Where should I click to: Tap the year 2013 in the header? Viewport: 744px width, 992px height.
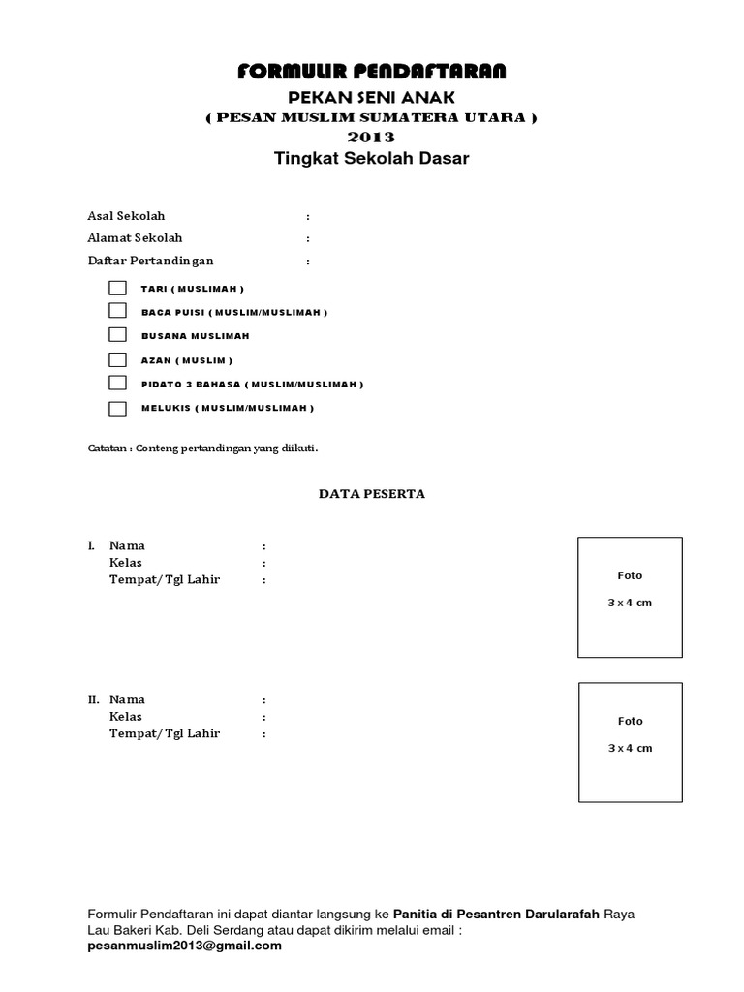click(372, 138)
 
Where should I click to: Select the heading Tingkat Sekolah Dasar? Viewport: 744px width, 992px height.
click(372, 159)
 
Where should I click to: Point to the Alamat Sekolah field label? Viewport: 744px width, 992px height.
click(135, 237)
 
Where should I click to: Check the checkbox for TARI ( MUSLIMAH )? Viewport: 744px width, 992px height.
click(117, 288)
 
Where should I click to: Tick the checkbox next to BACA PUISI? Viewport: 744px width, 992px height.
click(117, 311)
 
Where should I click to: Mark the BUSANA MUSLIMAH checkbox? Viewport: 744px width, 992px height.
click(117, 335)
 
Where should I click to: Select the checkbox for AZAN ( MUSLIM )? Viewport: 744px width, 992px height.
click(117, 359)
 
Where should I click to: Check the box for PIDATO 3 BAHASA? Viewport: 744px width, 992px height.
click(117, 384)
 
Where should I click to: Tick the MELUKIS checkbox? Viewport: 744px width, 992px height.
click(117, 408)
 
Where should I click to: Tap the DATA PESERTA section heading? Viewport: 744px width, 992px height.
click(372, 494)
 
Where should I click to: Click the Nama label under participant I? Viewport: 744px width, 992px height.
click(127, 545)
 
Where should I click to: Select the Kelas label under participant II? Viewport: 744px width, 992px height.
click(126, 717)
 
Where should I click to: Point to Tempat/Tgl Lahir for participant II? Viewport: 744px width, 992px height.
click(164, 734)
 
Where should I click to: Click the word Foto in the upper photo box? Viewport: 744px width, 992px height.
click(630, 575)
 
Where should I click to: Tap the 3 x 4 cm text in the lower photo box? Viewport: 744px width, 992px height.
click(630, 748)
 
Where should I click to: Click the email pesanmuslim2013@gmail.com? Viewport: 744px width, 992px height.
click(184, 946)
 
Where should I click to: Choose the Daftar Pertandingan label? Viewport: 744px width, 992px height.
click(150, 261)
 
